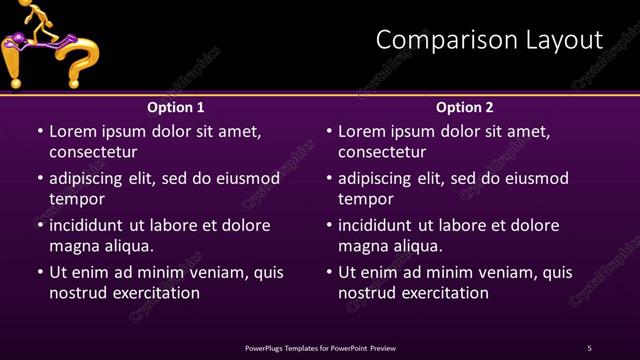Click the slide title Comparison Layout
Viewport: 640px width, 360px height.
[x=489, y=40]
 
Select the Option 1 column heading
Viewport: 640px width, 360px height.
[x=176, y=107]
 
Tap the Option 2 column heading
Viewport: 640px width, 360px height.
[x=465, y=107]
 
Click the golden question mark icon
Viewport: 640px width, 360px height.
[x=75, y=60]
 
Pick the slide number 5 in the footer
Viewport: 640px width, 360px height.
[x=589, y=348]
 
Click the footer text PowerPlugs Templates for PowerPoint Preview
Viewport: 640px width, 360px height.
[x=320, y=348]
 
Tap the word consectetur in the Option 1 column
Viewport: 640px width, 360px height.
[x=93, y=152]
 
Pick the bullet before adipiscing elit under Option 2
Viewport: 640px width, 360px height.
[x=328, y=179]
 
